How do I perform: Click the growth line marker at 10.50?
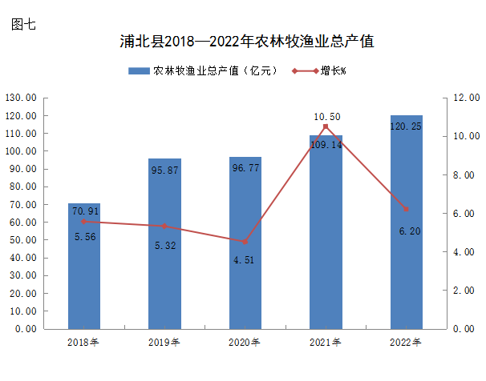tap(326, 126)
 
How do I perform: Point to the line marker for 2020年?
tap(245, 242)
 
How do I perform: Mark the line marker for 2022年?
tap(406, 209)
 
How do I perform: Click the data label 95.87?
tap(164, 170)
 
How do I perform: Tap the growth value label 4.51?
tap(245, 259)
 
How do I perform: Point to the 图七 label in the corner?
tap(23, 24)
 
